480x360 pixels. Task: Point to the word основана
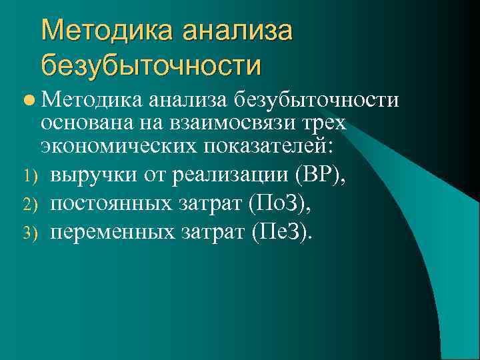pyautogui.click(x=83, y=123)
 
